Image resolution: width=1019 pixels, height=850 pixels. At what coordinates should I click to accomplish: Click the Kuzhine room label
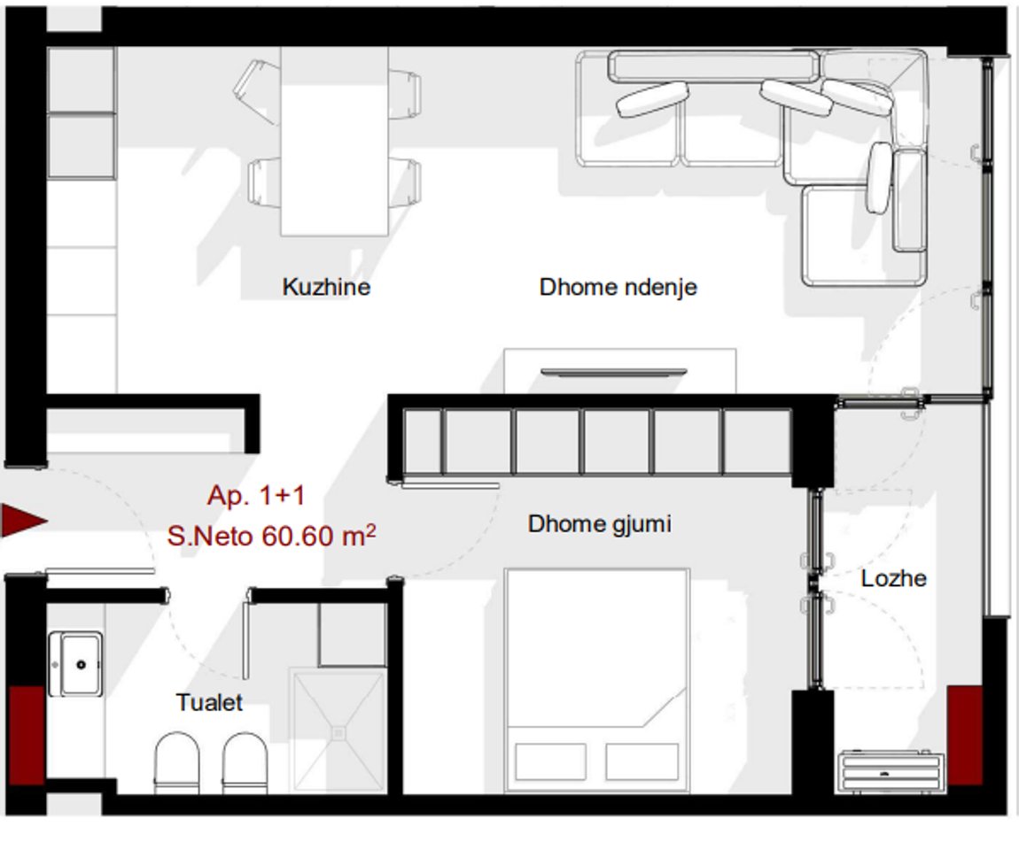[x=326, y=288]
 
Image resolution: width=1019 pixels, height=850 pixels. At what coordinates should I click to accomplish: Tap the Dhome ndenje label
[x=618, y=288]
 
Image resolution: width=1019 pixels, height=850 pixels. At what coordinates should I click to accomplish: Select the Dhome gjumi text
[x=599, y=524]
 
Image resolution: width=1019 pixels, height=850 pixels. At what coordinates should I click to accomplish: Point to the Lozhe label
[x=893, y=579]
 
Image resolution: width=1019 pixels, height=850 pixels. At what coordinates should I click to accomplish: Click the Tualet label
[x=209, y=703]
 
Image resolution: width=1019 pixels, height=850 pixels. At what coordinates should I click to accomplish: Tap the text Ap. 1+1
[x=256, y=496]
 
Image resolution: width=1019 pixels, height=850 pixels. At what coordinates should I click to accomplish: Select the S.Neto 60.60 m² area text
[x=271, y=536]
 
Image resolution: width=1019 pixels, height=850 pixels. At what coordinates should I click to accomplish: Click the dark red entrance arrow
[x=22, y=521]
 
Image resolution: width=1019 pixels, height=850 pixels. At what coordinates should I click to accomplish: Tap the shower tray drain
[x=338, y=732]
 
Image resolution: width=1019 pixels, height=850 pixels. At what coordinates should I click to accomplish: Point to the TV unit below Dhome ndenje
[x=619, y=371]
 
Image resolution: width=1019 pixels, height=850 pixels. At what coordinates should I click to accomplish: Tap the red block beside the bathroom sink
[x=26, y=734]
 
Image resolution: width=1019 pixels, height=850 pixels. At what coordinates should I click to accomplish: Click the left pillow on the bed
[x=550, y=761]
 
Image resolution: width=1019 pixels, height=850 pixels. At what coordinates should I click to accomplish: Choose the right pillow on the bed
[x=642, y=761]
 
